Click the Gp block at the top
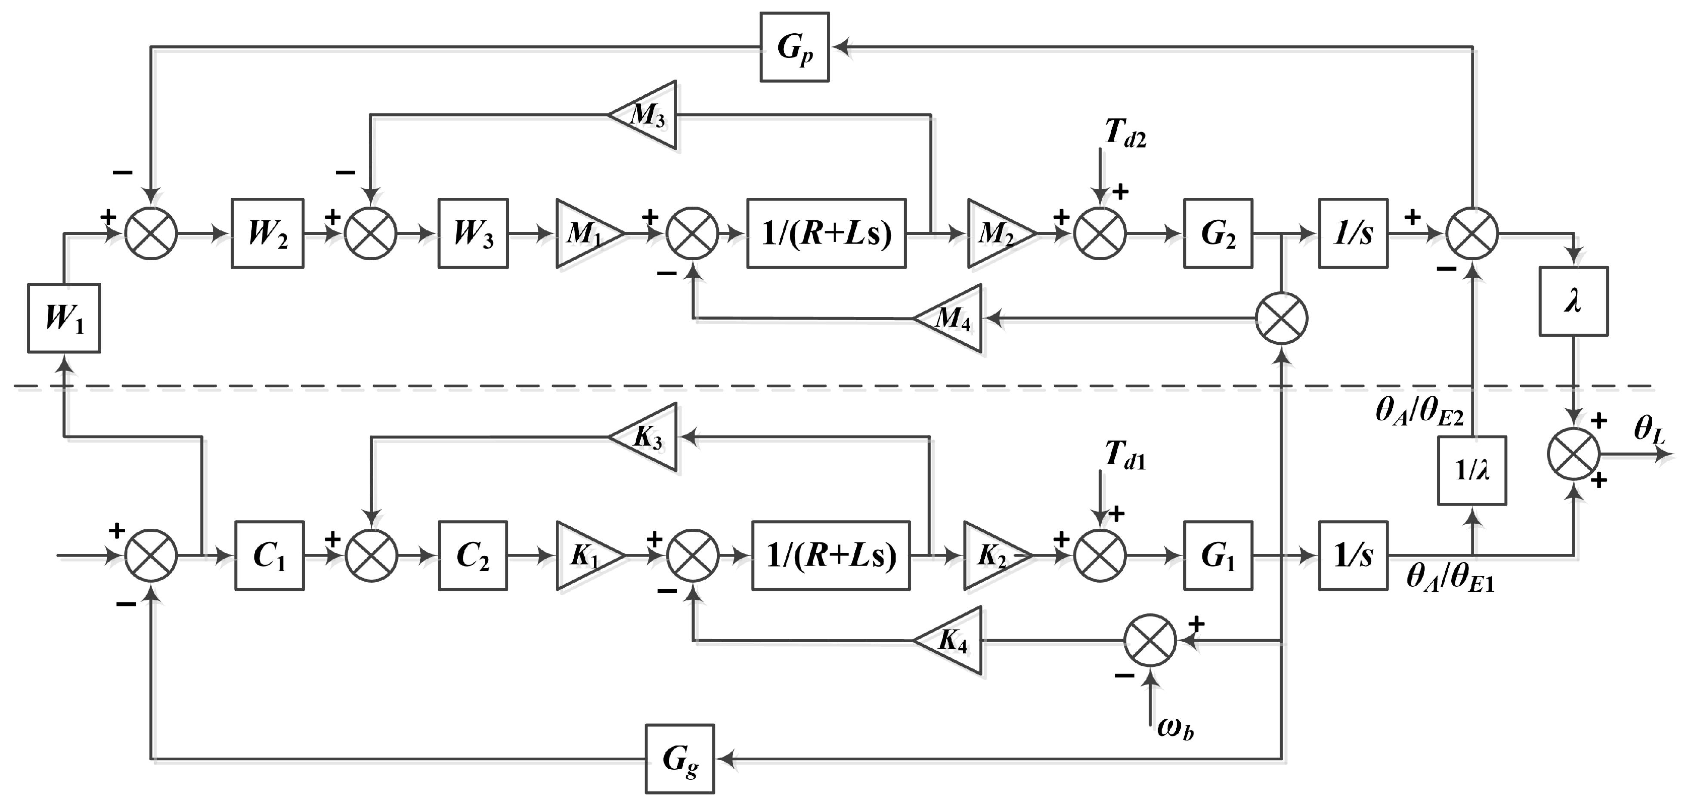pyautogui.click(x=794, y=47)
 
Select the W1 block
pyautogui.click(x=64, y=318)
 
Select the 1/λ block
pyautogui.click(x=1472, y=470)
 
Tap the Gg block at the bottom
pyautogui.click(x=680, y=759)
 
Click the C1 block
pyautogui.click(x=269, y=556)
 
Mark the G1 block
pyautogui.click(x=1218, y=556)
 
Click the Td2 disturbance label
pyautogui.click(x=1125, y=134)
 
